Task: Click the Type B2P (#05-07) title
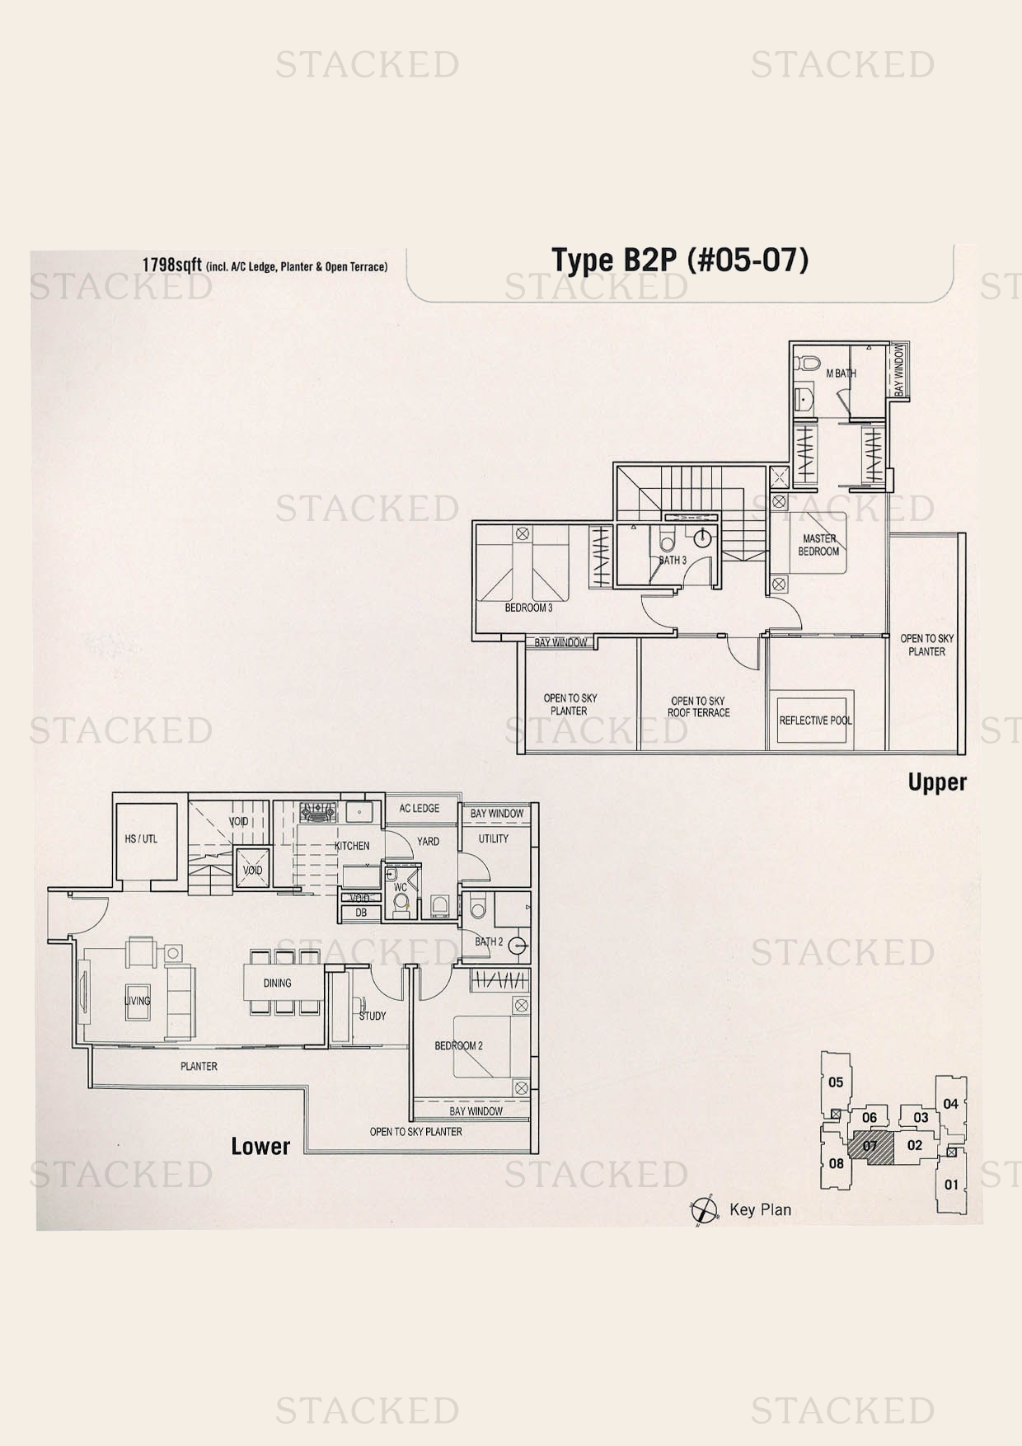click(x=680, y=261)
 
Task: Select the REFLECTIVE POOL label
click(x=816, y=721)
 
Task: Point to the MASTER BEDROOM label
click(x=818, y=545)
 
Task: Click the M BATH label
click(x=841, y=373)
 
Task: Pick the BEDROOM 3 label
click(x=528, y=608)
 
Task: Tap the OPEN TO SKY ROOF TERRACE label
click(x=698, y=707)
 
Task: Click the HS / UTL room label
click(x=141, y=839)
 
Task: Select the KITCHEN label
click(x=352, y=846)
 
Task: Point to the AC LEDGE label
click(x=420, y=808)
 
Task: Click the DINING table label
click(x=278, y=983)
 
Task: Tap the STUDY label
click(x=373, y=1016)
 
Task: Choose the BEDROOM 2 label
click(x=459, y=1045)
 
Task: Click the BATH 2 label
click(x=489, y=941)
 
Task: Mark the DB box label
click(x=361, y=913)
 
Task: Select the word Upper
click(x=937, y=782)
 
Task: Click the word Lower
click(x=260, y=1147)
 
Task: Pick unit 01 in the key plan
click(x=952, y=1184)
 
